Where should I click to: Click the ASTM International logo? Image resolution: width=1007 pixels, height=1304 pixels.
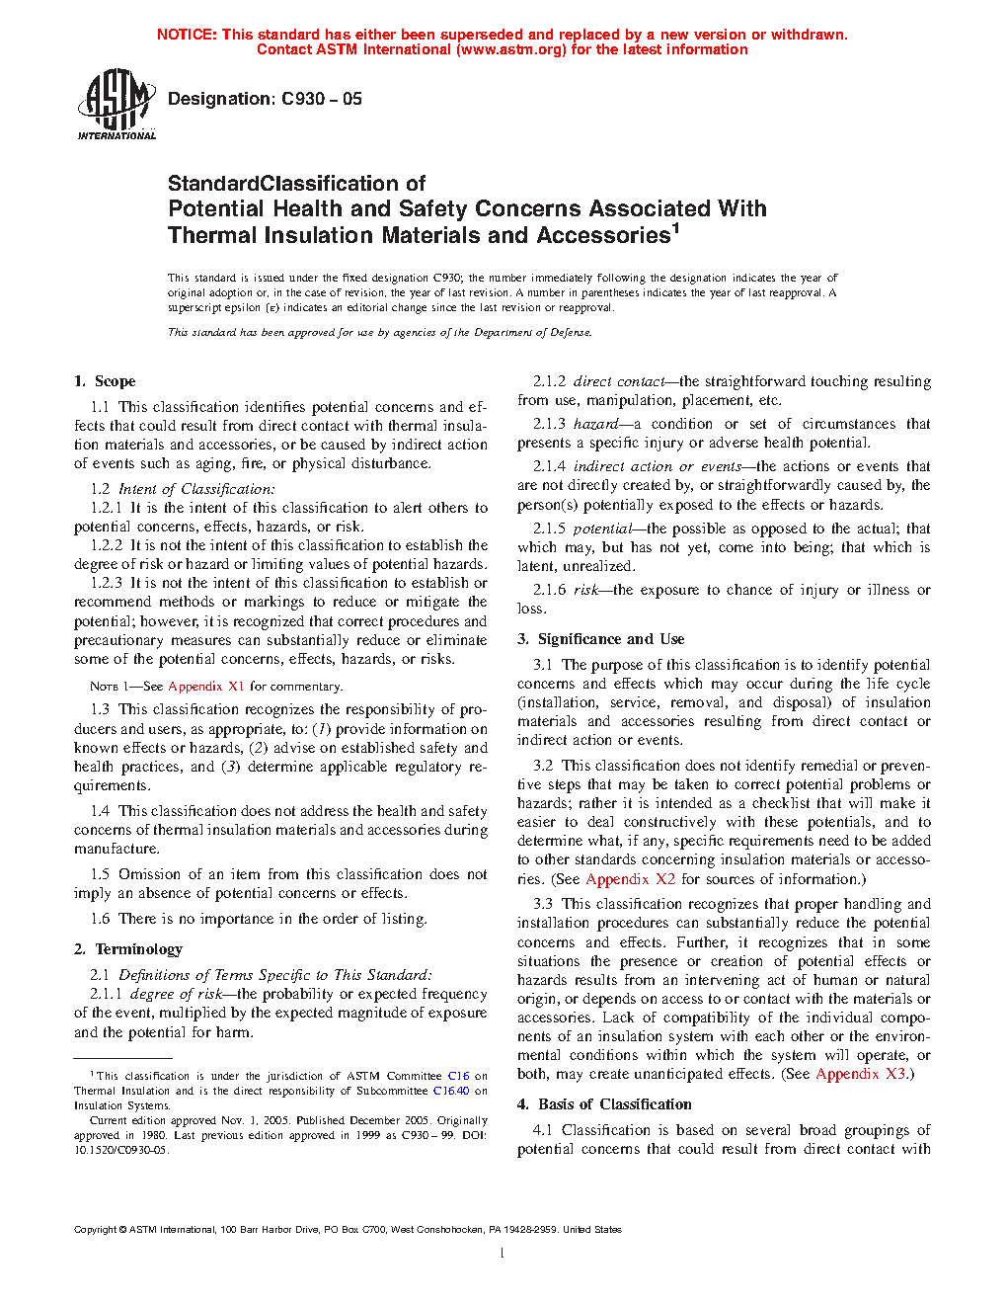pos(116,104)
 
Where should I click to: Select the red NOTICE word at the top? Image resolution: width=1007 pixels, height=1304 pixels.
pos(186,35)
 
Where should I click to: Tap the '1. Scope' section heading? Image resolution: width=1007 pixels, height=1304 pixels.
pos(105,381)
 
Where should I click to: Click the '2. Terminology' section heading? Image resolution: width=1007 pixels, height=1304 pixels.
pos(128,949)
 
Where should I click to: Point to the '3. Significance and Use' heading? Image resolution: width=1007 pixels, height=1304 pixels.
pos(600,639)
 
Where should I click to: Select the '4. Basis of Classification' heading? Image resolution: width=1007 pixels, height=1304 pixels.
pos(604,1104)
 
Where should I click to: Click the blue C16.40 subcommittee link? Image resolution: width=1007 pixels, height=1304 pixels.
pos(451,1091)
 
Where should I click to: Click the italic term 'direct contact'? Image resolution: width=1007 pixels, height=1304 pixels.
pos(619,381)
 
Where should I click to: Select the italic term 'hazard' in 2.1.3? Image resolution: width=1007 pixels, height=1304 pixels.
pos(595,424)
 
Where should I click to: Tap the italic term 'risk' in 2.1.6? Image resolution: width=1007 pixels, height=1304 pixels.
pos(585,590)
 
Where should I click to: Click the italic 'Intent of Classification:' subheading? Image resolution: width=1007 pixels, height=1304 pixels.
pos(196,489)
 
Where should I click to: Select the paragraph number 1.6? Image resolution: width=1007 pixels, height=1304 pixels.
pos(100,919)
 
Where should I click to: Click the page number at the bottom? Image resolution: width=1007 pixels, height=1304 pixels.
pos(503,1254)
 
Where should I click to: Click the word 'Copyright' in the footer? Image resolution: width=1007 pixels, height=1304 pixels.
pos(95,1230)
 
